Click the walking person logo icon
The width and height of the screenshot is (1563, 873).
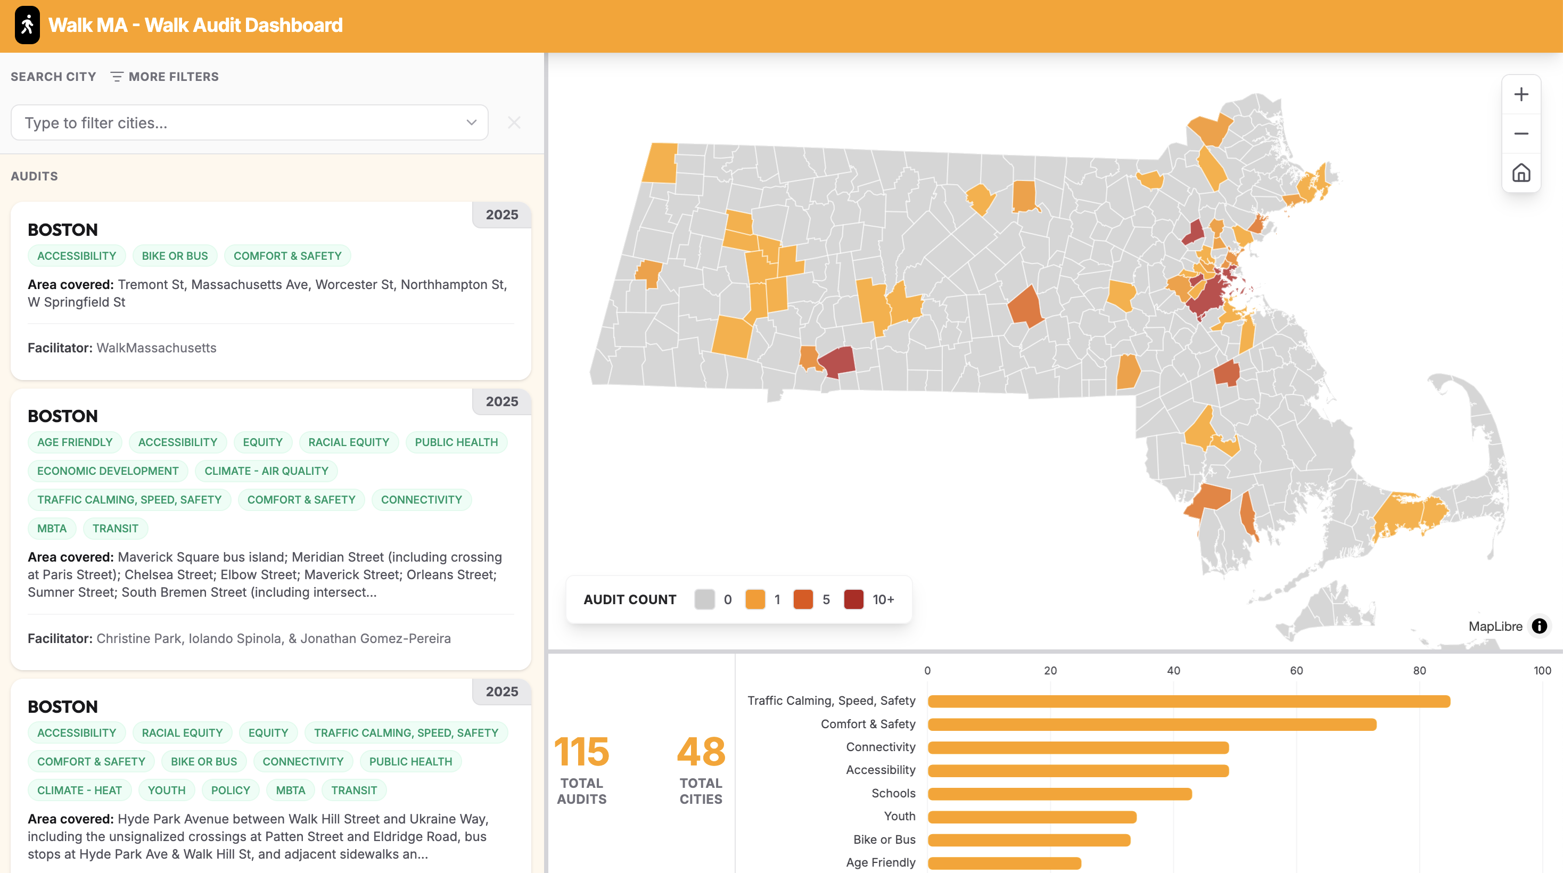(27, 25)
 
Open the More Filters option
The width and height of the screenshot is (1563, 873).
(164, 77)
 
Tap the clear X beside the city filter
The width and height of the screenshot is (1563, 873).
(514, 122)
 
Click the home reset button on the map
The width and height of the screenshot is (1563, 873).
(1520, 173)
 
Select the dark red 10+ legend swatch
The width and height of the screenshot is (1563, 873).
(853, 599)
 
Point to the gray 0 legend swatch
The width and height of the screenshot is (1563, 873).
(704, 599)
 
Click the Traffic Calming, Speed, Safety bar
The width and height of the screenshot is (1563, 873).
(1188, 701)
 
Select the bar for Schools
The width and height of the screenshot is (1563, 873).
(1059, 794)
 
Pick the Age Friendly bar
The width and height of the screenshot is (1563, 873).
(1004, 863)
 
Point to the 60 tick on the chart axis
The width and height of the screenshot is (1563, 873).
(1296, 670)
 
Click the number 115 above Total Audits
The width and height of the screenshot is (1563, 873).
(581, 752)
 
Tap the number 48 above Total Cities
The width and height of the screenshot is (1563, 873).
(701, 752)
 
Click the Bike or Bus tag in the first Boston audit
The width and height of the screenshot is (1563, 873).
(175, 256)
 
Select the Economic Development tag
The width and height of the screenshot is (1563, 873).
(108, 471)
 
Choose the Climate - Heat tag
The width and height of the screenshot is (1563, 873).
(79, 790)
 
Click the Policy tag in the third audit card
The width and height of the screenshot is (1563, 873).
(231, 790)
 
